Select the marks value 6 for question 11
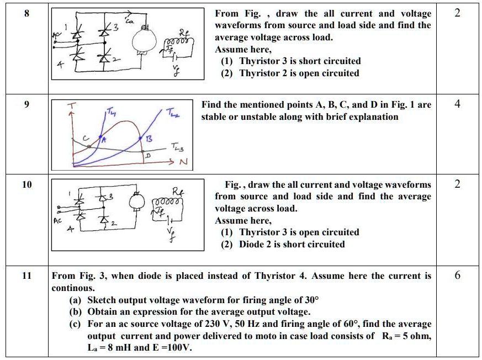457,275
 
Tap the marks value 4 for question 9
457,104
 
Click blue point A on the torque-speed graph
100,136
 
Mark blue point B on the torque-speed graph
141,139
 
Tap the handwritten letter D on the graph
147,156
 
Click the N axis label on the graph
184,163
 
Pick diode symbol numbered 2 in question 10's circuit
103,220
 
